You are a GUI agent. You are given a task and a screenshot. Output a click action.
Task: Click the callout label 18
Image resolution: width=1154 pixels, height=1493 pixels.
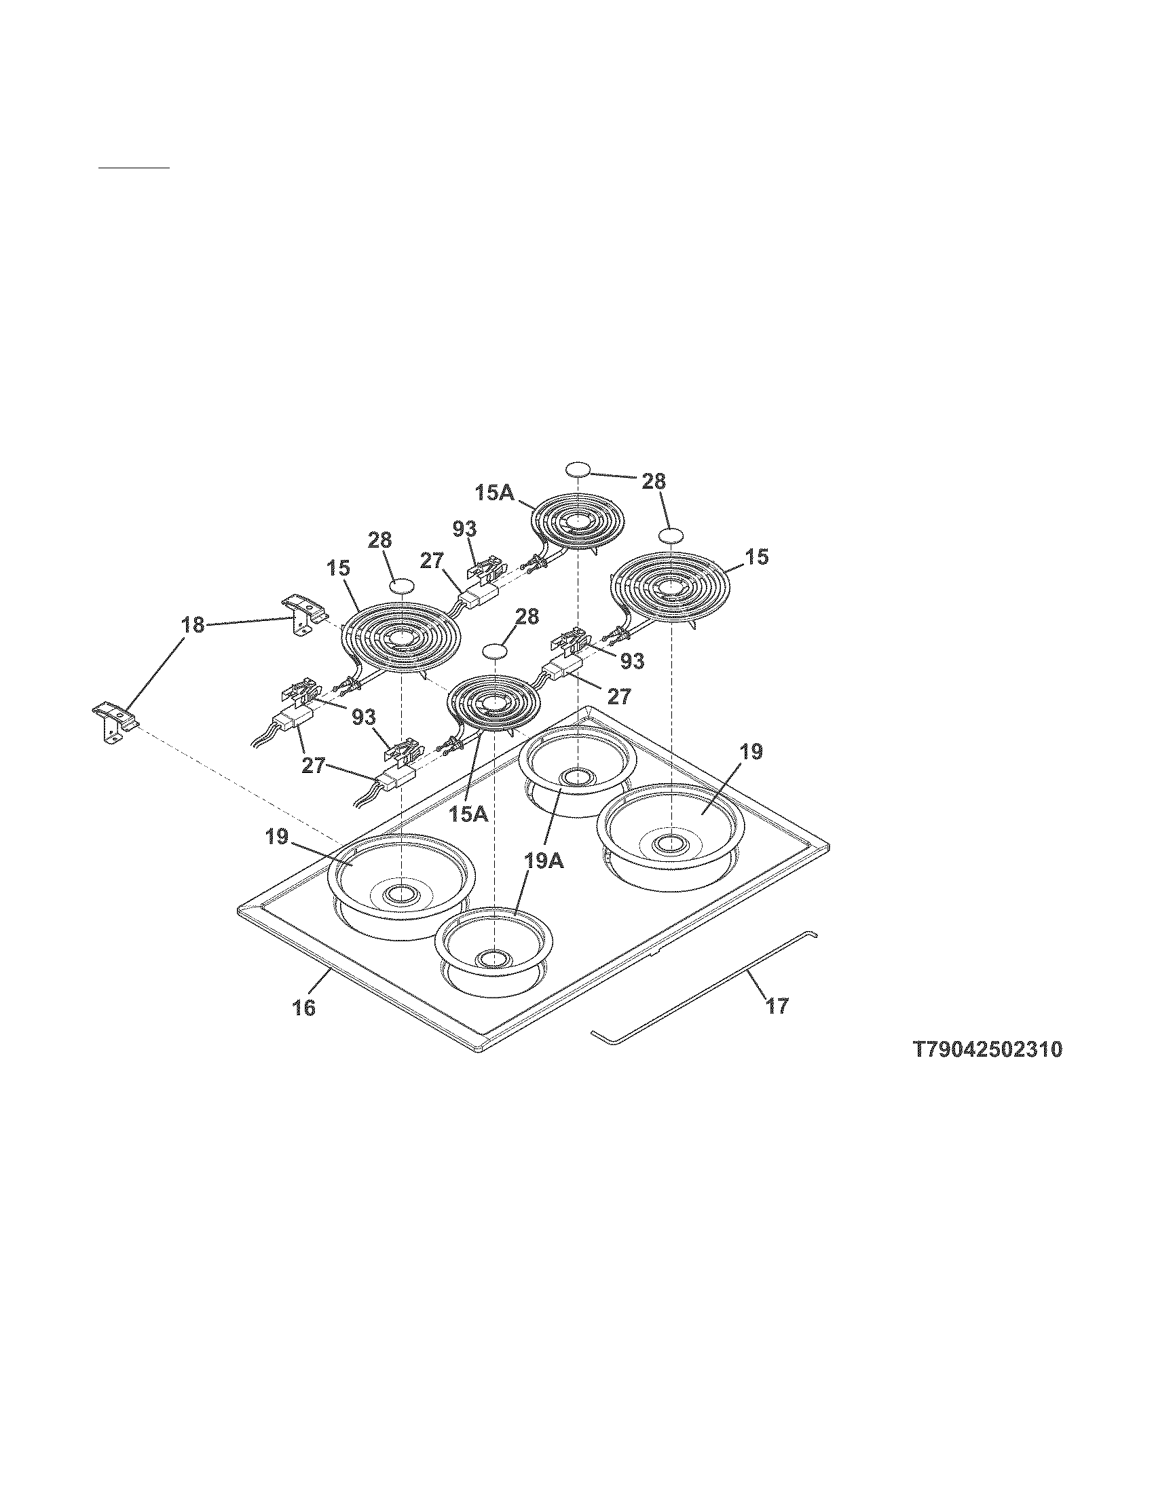pos(193,625)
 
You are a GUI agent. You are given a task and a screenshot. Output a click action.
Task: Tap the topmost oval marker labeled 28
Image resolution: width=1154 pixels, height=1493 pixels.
pos(578,469)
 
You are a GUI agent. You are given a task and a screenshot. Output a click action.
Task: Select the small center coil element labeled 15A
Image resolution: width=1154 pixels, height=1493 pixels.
pos(493,704)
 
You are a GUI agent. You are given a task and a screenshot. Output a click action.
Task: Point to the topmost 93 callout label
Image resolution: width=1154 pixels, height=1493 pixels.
pos(464,529)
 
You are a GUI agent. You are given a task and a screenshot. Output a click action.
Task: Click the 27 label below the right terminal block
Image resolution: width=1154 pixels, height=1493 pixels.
pos(618,696)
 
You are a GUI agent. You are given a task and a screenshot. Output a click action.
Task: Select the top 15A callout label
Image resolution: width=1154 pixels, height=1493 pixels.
pos(495,493)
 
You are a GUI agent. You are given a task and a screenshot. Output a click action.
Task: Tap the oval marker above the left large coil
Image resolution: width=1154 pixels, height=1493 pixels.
pos(402,585)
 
